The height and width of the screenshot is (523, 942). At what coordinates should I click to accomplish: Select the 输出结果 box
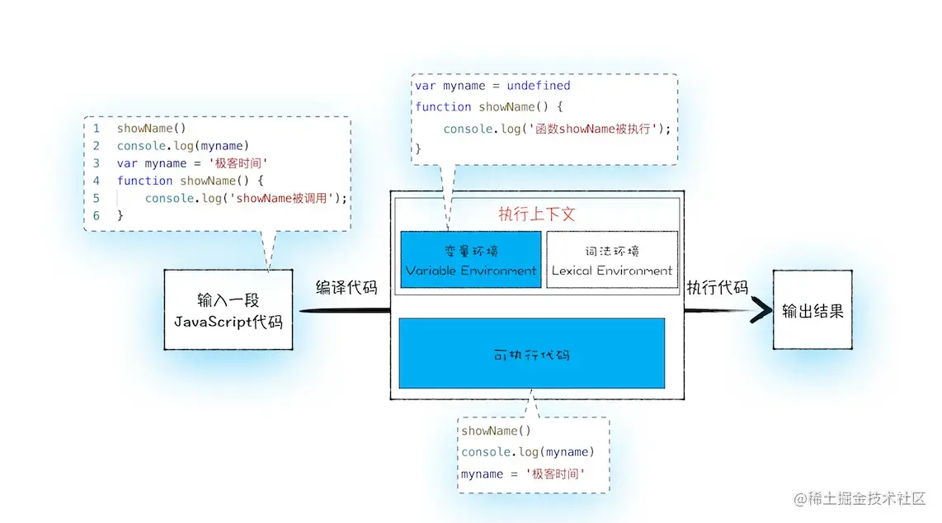(812, 310)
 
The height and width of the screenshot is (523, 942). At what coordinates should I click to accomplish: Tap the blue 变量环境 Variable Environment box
(471, 260)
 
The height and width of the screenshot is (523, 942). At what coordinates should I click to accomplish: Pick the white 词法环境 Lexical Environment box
(611, 260)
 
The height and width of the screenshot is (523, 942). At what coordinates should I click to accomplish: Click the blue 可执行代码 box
(531, 354)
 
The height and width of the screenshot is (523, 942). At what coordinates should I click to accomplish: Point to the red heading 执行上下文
(536, 214)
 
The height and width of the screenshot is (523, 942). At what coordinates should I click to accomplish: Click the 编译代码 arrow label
(346, 288)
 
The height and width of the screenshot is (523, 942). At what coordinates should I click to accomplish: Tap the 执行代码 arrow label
(717, 288)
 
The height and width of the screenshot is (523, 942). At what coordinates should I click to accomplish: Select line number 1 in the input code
(97, 129)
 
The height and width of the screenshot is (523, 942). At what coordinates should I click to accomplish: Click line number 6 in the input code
(97, 215)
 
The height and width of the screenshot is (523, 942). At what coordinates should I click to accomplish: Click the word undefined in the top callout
(537, 86)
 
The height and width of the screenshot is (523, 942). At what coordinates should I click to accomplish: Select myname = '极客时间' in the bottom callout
(523, 474)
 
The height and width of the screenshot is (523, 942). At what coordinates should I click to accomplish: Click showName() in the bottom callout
(496, 431)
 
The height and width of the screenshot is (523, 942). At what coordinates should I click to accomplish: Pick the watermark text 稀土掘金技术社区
(865, 498)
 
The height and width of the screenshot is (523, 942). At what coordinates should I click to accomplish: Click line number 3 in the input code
(97, 163)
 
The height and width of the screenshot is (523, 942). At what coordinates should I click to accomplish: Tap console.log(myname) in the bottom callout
(527, 452)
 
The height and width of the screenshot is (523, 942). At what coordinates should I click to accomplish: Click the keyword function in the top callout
(443, 107)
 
